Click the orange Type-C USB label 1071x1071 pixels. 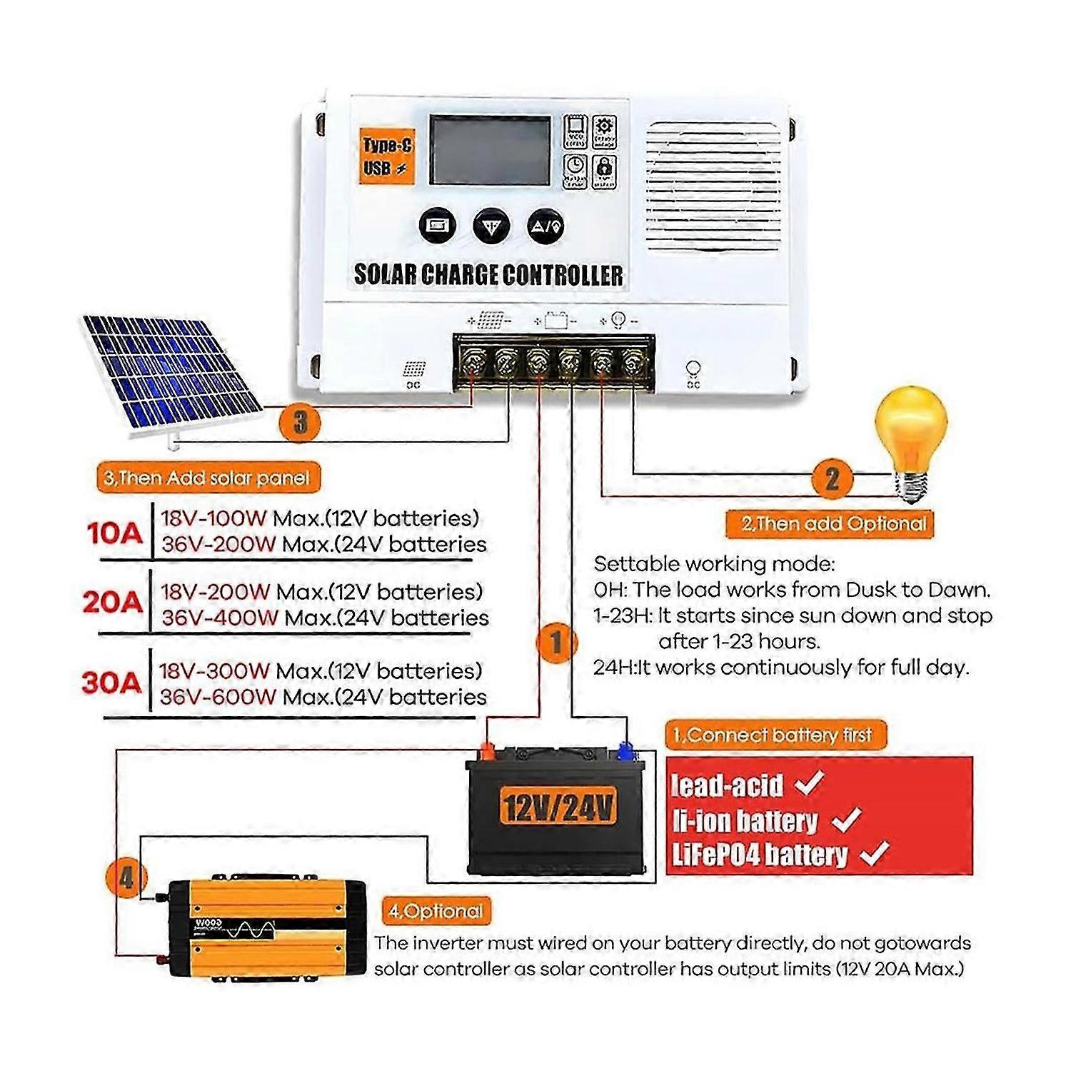click(386, 156)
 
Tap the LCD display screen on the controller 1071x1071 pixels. click(490, 150)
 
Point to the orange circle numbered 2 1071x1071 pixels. click(832, 478)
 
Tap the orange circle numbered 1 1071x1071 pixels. click(556, 643)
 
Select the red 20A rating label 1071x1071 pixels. click(112, 603)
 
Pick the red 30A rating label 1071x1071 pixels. click(111, 683)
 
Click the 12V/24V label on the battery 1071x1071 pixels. click(558, 807)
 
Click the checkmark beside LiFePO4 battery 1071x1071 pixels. click(875, 853)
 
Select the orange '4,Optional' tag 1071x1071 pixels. click(436, 911)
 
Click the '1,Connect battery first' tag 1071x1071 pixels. click(774, 735)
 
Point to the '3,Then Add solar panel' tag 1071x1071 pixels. click(207, 478)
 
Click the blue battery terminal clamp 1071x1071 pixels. click(626, 751)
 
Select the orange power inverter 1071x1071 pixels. click(266, 929)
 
